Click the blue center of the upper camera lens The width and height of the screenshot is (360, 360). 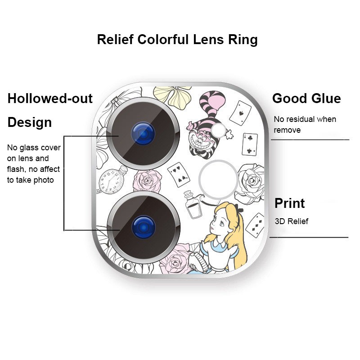[x=143, y=133]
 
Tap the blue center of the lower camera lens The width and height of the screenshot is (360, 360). [x=144, y=227]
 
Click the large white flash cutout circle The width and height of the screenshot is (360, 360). [x=218, y=179]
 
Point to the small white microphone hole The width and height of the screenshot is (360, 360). [x=219, y=130]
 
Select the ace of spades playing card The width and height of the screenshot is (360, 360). [x=240, y=113]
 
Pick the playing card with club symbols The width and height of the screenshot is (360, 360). [x=250, y=144]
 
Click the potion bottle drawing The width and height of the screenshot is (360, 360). [x=193, y=205]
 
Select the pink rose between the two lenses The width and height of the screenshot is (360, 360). [x=147, y=181]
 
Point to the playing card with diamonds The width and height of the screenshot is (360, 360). [x=255, y=225]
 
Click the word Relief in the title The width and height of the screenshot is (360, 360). [x=115, y=39]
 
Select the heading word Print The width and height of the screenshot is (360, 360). [x=289, y=203]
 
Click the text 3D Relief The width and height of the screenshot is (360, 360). [x=291, y=221]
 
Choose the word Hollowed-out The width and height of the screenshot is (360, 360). [x=50, y=98]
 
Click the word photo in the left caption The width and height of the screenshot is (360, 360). [x=43, y=180]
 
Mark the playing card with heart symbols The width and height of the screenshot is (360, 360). [x=179, y=175]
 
